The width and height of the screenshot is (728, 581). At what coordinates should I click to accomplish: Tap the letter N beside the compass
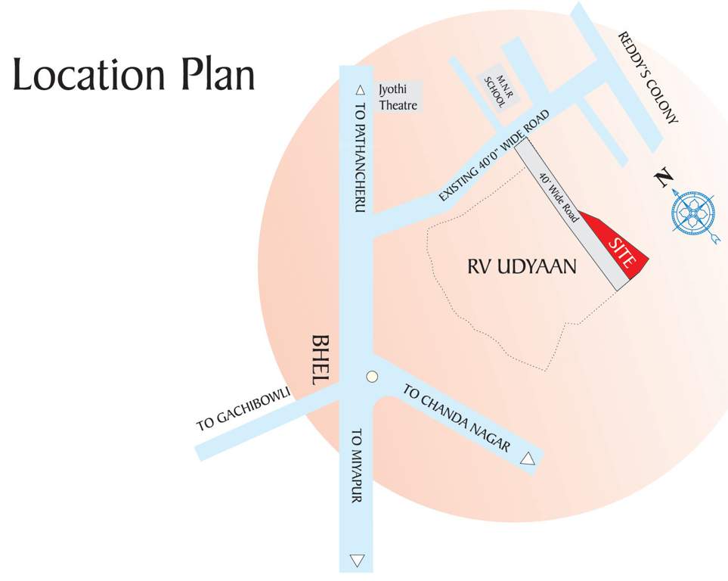pos(664,179)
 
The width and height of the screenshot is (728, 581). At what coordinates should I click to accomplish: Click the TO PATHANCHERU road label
pos(360,150)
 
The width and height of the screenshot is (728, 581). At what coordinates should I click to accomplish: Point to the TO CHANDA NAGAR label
pos(456,419)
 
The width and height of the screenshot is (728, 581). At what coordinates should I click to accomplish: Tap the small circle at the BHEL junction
pos(370,377)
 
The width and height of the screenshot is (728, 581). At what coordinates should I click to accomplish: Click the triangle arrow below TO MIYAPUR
pos(358,561)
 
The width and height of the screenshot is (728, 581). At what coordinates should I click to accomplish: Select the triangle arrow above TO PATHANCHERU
pos(360,88)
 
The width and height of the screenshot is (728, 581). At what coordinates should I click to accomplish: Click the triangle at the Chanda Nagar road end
pos(528,458)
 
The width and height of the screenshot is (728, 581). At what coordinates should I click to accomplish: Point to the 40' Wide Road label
pos(559,197)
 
